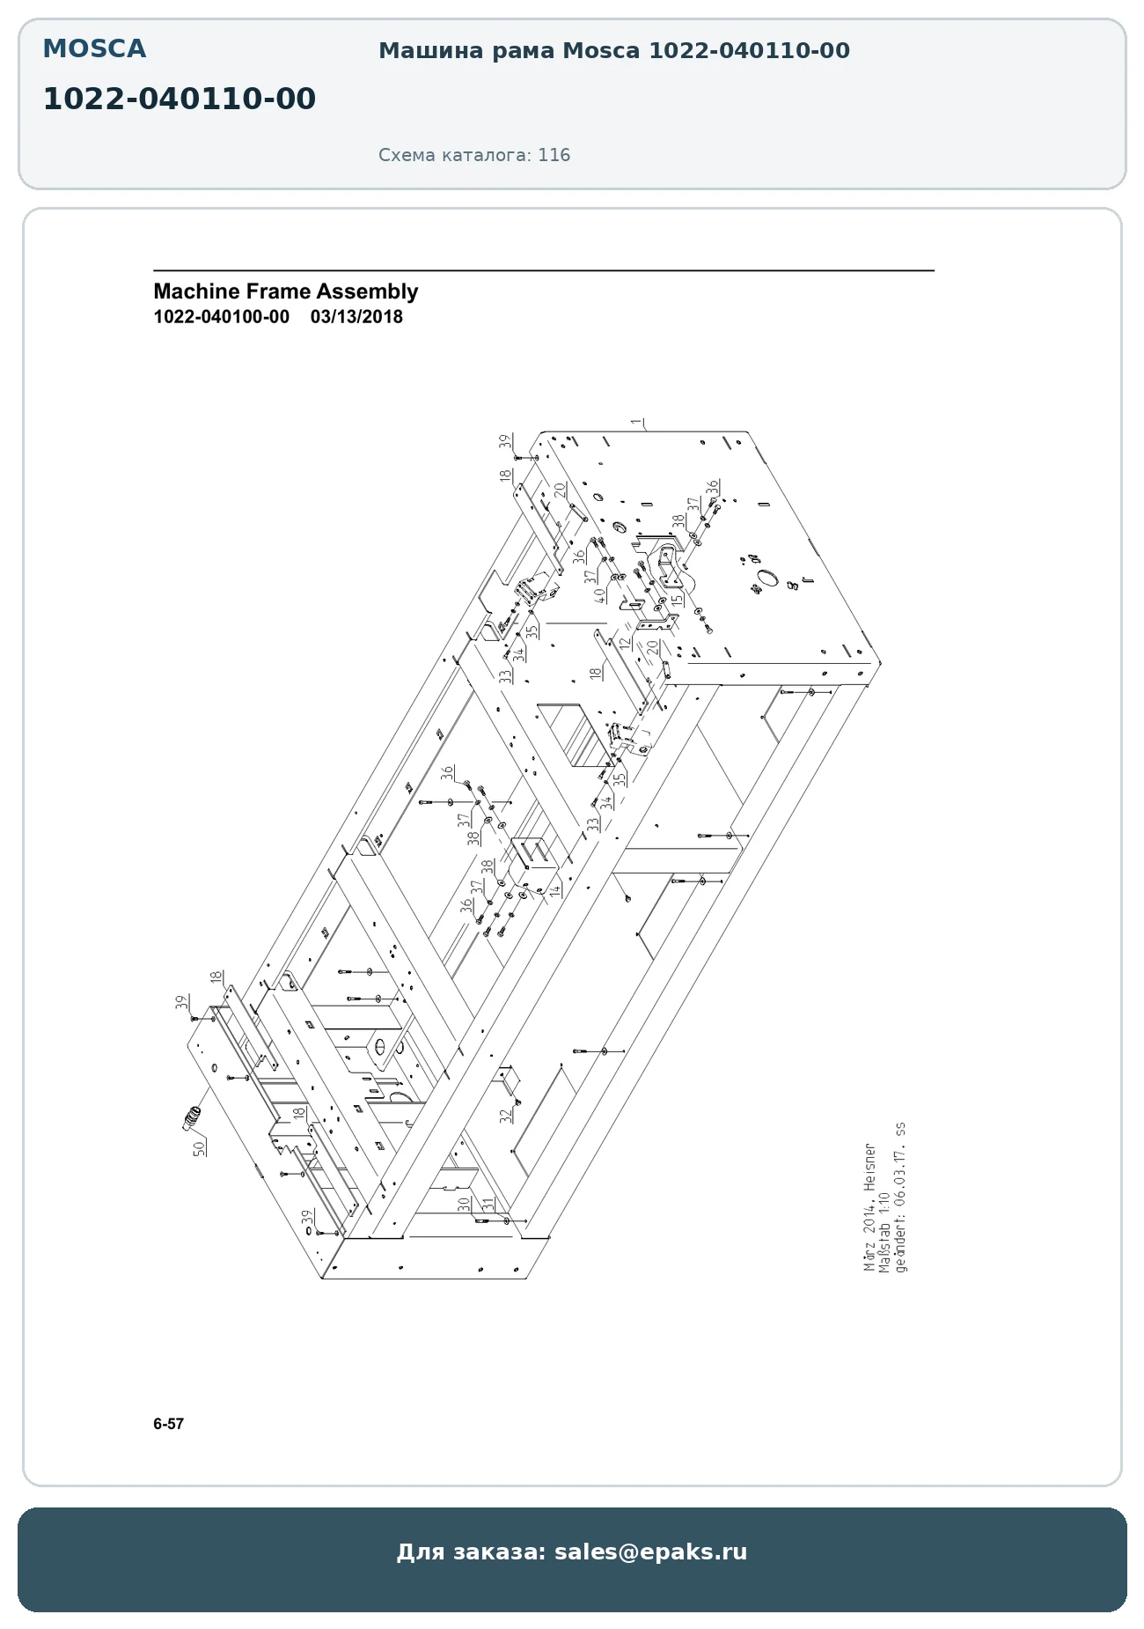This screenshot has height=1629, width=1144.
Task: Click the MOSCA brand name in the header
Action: pyautogui.click(x=94, y=49)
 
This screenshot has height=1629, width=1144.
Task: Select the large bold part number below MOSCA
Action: pyautogui.click(x=180, y=100)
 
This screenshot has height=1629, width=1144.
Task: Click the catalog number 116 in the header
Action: pyautogui.click(x=554, y=155)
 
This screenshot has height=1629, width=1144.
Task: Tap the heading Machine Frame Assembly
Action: pyautogui.click(x=286, y=291)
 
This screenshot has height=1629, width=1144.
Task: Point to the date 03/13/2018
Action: pyautogui.click(x=356, y=317)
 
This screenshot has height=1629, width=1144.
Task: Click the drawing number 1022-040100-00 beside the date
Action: pyautogui.click(x=222, y=317)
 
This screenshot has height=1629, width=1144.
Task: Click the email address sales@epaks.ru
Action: pyautogui.click(x=650, y=1552)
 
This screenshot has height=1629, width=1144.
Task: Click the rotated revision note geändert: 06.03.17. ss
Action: pyautogui.click(x=899, y=1197)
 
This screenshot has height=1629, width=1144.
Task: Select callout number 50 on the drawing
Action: pyautogui.click(x=199, y=1148)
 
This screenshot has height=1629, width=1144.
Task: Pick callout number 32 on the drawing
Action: pyautogui.click(x=505, y=1116)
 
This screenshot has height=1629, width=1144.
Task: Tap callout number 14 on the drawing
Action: pyautogui.click(x=555, y=890)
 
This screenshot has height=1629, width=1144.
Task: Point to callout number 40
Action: pyautogui.click(x=600, y=595)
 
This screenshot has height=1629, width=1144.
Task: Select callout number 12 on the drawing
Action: pyautogui.click(x=625, y=644)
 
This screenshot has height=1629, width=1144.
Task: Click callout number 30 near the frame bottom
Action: pyautogui.click(x=464, y=1205)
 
